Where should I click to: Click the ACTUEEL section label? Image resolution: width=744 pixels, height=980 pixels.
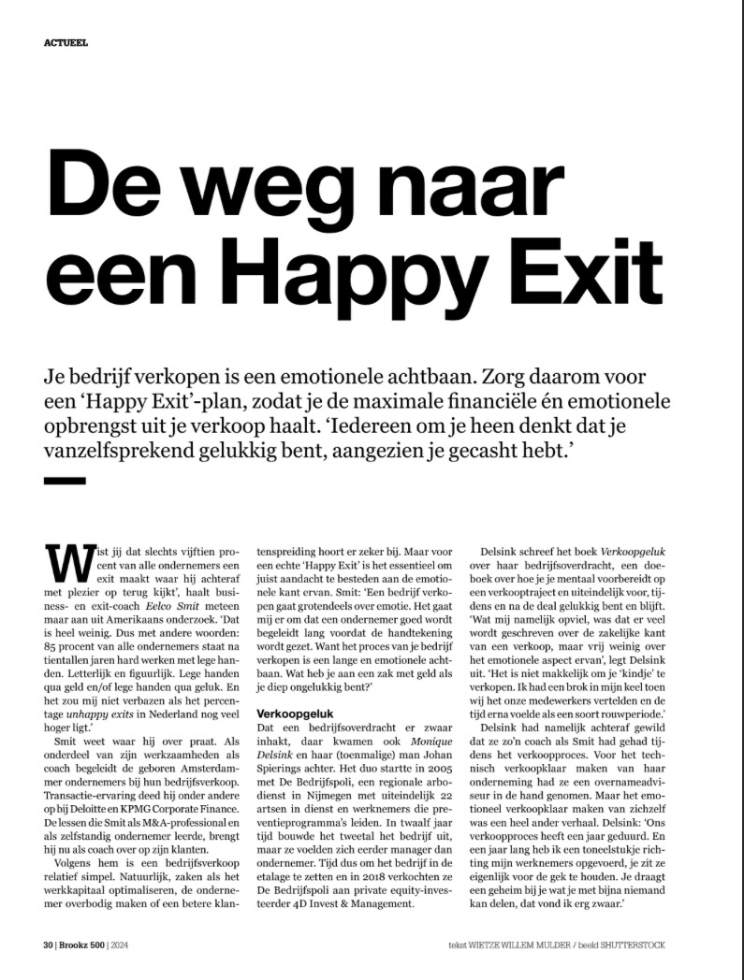(x=66, y=42)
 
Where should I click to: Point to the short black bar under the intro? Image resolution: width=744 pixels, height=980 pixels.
(x=65, y=480)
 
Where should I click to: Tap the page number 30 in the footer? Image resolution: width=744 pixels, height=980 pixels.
(x=48, y=944)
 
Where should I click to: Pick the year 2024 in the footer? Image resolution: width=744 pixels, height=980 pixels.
(x=124, y=944)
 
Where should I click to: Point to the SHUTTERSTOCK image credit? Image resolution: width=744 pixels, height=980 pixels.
(x=634, y=944)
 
